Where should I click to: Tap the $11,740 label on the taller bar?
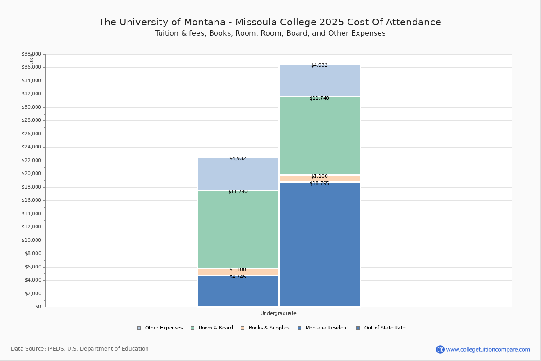319,98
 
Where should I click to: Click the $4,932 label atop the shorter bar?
238,158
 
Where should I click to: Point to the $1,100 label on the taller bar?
319,176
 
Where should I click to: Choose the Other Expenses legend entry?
160,328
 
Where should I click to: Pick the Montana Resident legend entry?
323,328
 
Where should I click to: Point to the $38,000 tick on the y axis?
31,54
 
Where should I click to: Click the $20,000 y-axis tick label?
31,174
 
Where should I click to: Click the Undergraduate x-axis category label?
278,313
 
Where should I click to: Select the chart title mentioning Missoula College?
270,22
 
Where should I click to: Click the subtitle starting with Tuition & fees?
270,33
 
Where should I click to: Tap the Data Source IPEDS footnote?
80,349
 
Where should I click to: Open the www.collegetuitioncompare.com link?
488,349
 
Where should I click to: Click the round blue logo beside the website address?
440,349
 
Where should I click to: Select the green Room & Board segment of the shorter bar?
238,229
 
